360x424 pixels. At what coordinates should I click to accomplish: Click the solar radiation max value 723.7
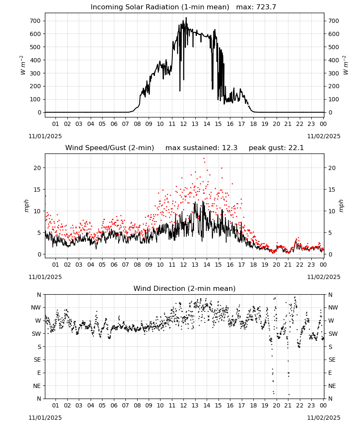266,7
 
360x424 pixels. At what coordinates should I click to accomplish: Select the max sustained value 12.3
230,148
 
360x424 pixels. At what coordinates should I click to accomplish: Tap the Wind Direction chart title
185,288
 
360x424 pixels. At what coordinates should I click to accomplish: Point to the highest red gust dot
204,159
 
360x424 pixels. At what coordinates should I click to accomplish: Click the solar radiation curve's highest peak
186,18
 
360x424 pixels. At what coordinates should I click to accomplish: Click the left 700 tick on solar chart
36,21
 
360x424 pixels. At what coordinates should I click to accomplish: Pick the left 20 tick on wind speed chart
37,168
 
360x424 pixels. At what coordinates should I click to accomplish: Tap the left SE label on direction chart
38,360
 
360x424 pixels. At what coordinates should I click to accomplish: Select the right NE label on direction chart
332,386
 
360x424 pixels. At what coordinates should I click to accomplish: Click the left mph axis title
26,206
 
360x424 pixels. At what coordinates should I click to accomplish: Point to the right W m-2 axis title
346,65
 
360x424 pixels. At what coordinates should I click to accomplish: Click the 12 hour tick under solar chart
183,124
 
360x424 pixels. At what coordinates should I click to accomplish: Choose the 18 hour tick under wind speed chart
253,265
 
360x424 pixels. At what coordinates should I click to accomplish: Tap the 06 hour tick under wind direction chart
114,405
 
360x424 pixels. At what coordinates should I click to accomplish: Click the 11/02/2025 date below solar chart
324,136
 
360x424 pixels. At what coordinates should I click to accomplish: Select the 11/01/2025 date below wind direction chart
45,418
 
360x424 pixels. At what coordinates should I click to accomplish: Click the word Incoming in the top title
107,7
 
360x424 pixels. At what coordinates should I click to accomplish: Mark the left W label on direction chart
38,321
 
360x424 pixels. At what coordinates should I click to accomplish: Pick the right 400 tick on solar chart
334,60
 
